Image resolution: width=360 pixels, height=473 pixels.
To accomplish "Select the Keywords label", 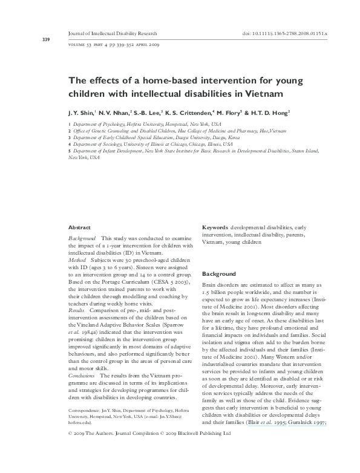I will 215,227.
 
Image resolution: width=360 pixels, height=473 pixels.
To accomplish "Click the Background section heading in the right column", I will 218,274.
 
